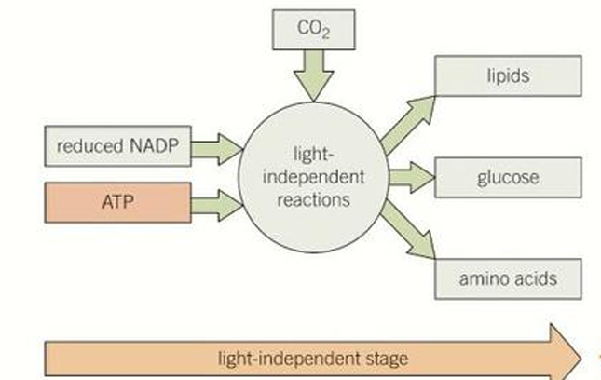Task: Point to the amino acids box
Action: [x=508, y=277]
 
